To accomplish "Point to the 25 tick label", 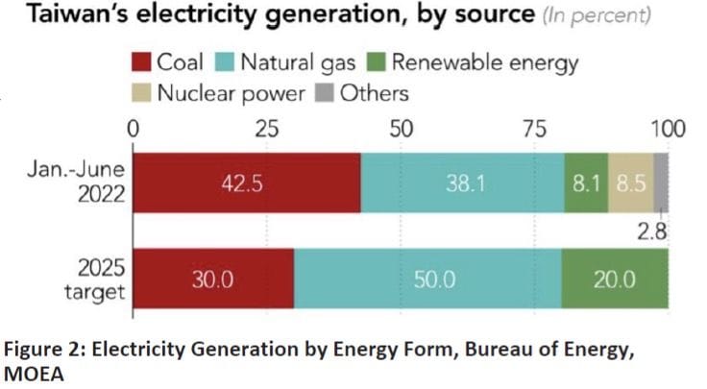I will point(266,127).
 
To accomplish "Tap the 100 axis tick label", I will point(667,127).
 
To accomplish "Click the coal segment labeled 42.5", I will point(247,182).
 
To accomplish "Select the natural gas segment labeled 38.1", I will point(462,182).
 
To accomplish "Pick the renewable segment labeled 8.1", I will point(586,182).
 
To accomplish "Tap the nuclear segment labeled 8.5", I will point(631,182).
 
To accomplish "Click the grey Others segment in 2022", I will point(662,182).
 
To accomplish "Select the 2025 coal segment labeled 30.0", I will point(213,279).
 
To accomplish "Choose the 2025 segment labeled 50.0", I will point(427,279).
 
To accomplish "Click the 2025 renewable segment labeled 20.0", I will point(615,279).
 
